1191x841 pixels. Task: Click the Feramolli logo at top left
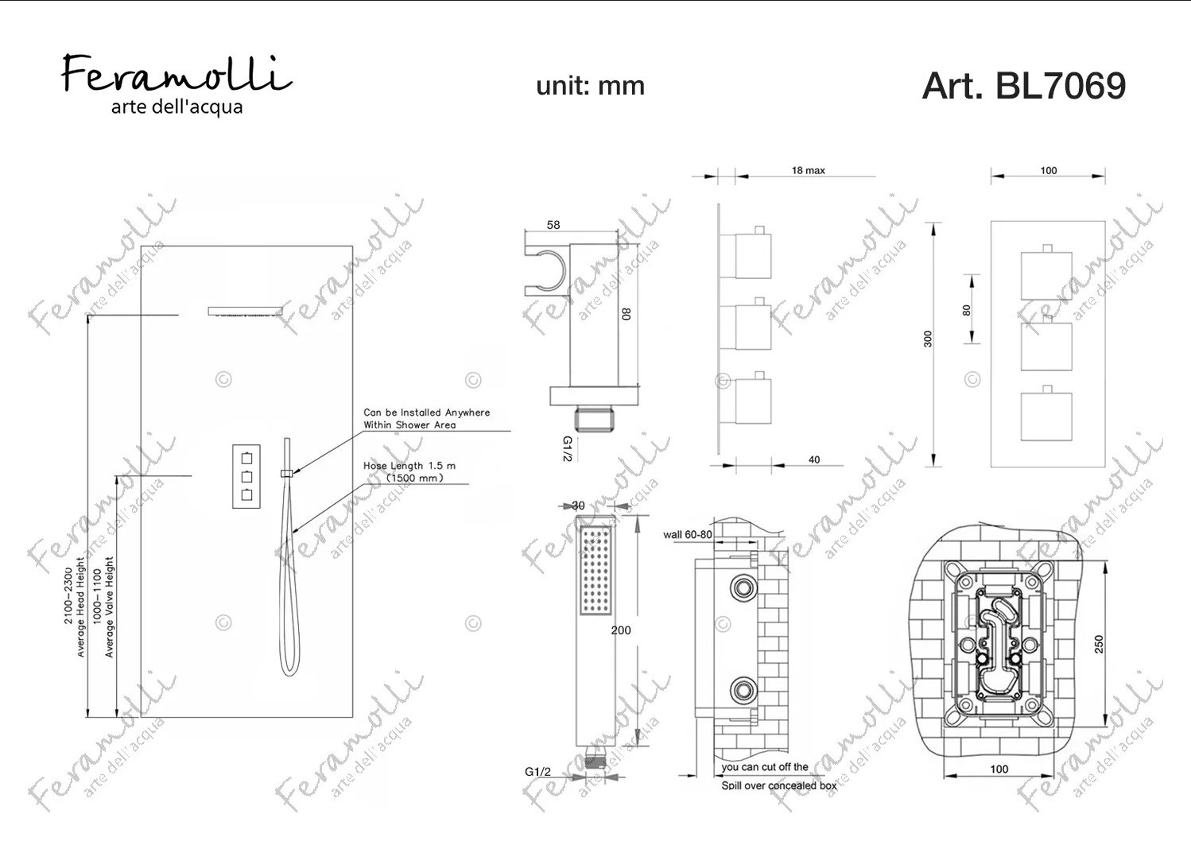click(177, 84)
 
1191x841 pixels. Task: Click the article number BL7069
click(1060, 86)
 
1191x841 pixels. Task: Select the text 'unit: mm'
click(590, 86)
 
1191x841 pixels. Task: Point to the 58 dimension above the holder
click(553, 225)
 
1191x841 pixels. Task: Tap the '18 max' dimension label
click(808, 171)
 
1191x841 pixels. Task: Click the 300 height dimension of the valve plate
click(928, 339)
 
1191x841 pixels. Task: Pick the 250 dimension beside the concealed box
click(1099, 644)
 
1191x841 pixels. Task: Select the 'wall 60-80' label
click(688, 534)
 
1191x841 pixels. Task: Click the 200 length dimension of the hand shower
click(621, 630)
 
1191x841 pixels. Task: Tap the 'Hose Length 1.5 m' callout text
click(409, 466)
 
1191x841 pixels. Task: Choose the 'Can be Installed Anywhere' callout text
click(426, 413)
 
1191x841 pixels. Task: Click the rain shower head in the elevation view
click(245, 311)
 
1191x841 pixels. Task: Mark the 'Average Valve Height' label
click(109, 607)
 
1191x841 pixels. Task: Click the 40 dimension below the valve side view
click(814, 459)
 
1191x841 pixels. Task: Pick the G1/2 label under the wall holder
click(567, 449)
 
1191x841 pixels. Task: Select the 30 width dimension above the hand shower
click(578, 506)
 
